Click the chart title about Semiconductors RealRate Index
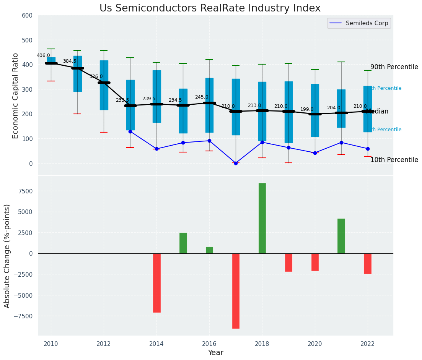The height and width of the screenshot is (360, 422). [210, 8]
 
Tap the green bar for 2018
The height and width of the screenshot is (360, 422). [262, 218]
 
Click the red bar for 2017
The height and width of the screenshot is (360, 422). [236, 291]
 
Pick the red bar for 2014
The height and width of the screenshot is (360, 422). [156, 283]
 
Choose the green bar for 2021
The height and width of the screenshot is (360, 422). [341, 236]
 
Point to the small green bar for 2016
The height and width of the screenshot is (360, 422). [209, 250]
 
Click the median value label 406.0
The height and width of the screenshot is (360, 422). [43, 55]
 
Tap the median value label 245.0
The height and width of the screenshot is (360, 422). [202, 97]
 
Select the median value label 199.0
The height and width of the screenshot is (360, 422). [307, 109]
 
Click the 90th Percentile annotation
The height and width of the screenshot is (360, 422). [394, 67]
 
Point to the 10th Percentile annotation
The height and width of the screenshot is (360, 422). [394, 160]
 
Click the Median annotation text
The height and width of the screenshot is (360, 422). [377, 112]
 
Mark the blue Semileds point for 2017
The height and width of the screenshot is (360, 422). [236, 163]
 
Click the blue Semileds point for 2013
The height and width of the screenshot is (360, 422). [130, 131]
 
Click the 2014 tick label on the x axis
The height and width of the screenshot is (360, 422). [156, 344]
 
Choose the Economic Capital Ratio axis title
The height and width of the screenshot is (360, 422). [16, 96]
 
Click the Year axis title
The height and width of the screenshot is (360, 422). [215, 353]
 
